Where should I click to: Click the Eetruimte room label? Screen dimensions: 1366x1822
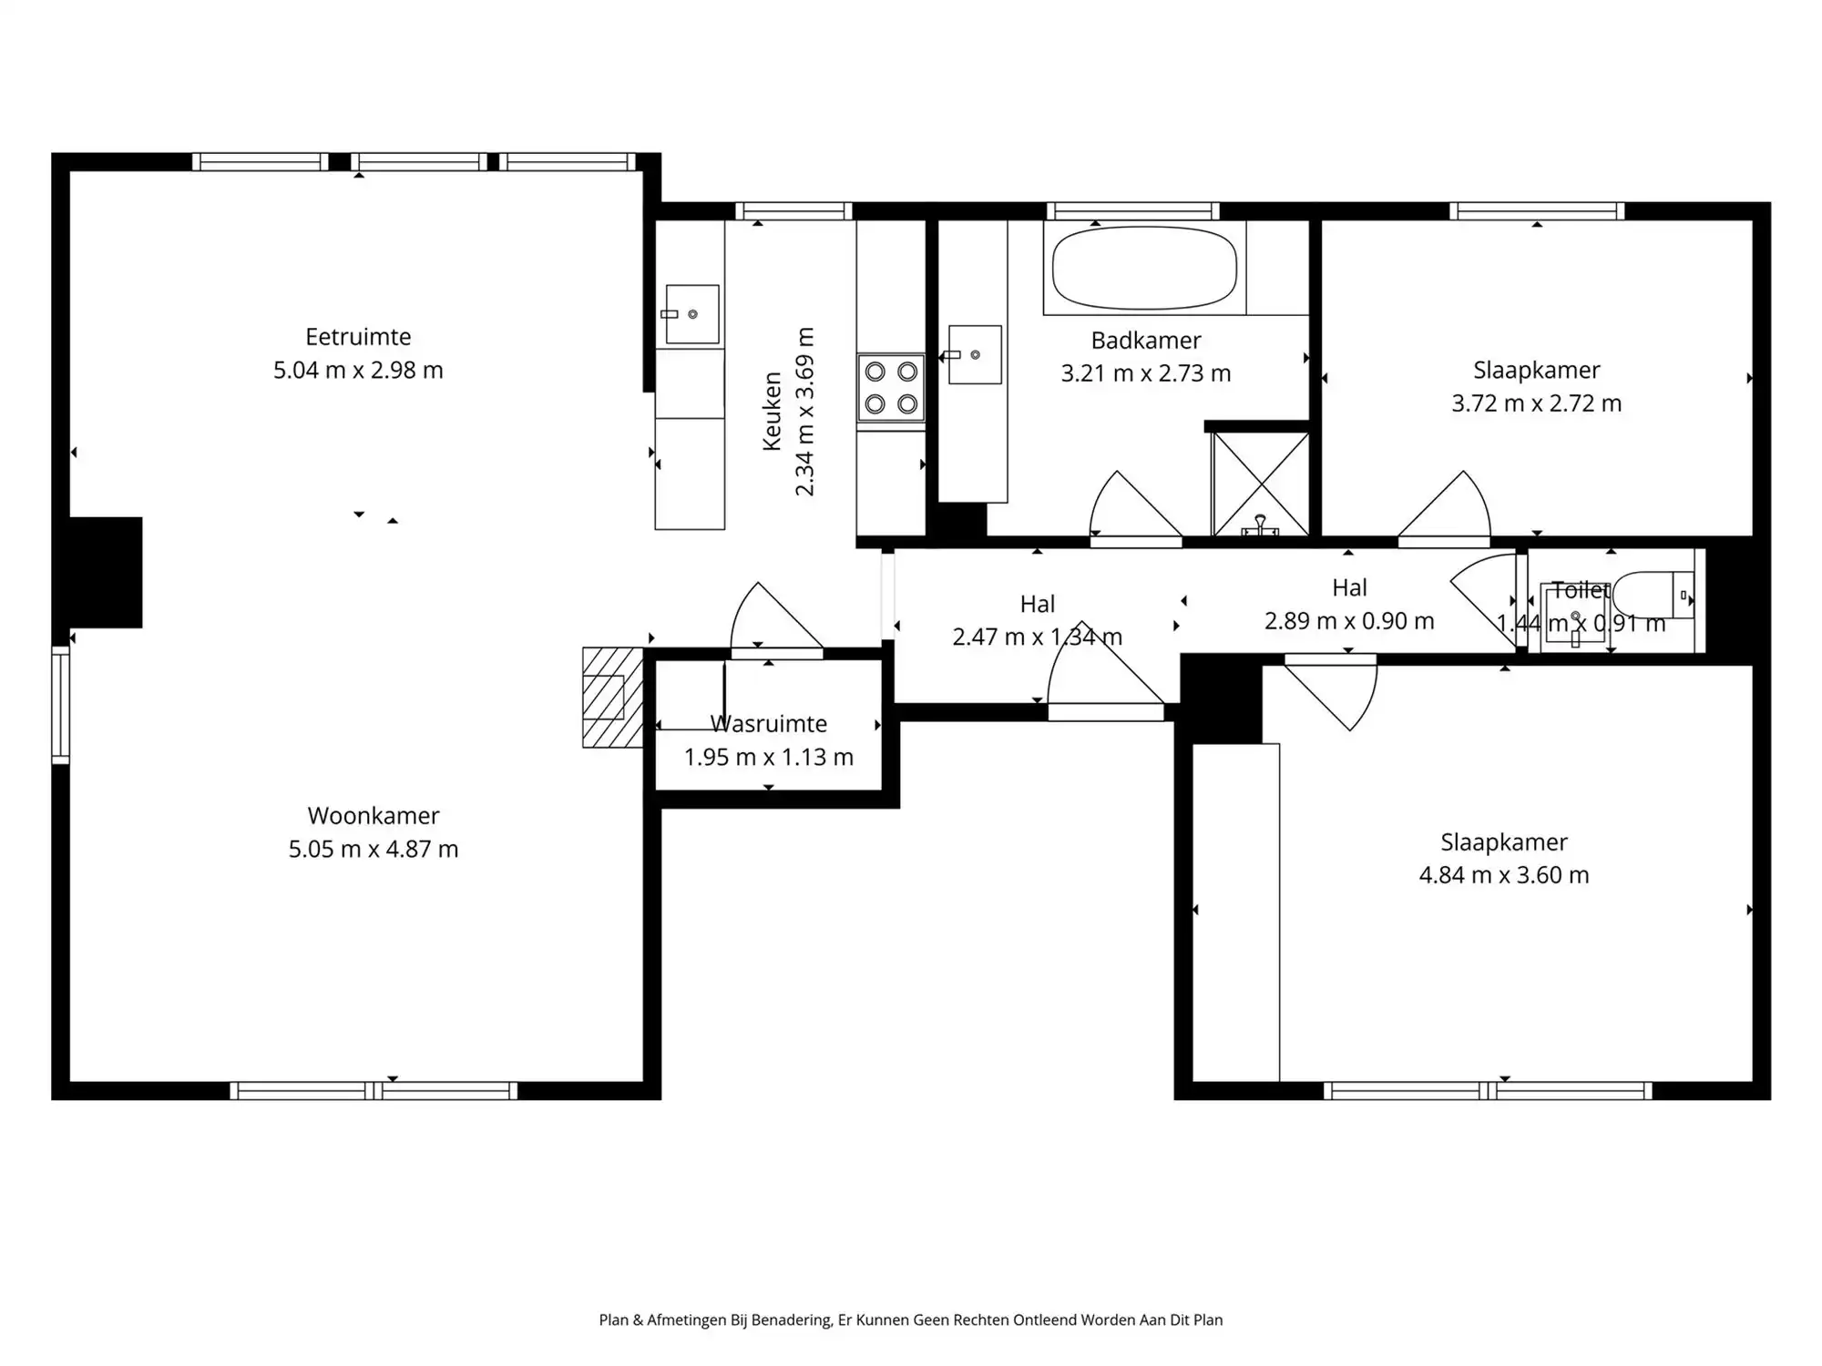(x=358, y=337)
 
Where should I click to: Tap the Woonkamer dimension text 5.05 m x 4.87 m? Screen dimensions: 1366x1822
(x=374, y=849)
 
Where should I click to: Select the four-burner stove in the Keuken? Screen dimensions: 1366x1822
(x=891, y=387)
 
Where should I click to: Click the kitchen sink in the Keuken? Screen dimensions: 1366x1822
(x=692, y=314)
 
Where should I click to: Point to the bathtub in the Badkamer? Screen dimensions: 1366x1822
(x=1144, y=268)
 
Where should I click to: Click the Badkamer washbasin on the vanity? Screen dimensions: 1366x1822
(x=975, y=354)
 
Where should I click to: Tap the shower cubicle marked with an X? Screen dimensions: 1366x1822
(x=1260, y=484)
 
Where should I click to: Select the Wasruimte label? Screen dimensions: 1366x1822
(x=769, y=724)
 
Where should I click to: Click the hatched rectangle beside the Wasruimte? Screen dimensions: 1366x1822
(x=612, y=698)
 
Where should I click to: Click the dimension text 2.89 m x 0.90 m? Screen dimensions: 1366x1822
(x=1349, y=621)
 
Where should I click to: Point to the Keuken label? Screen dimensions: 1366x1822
(x=772, y=411)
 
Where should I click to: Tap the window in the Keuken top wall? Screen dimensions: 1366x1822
(x=793, y=211)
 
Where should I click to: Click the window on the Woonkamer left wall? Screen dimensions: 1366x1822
(x=60, y=705)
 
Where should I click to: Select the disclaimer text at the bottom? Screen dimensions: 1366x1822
(x=911, y=1320)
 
